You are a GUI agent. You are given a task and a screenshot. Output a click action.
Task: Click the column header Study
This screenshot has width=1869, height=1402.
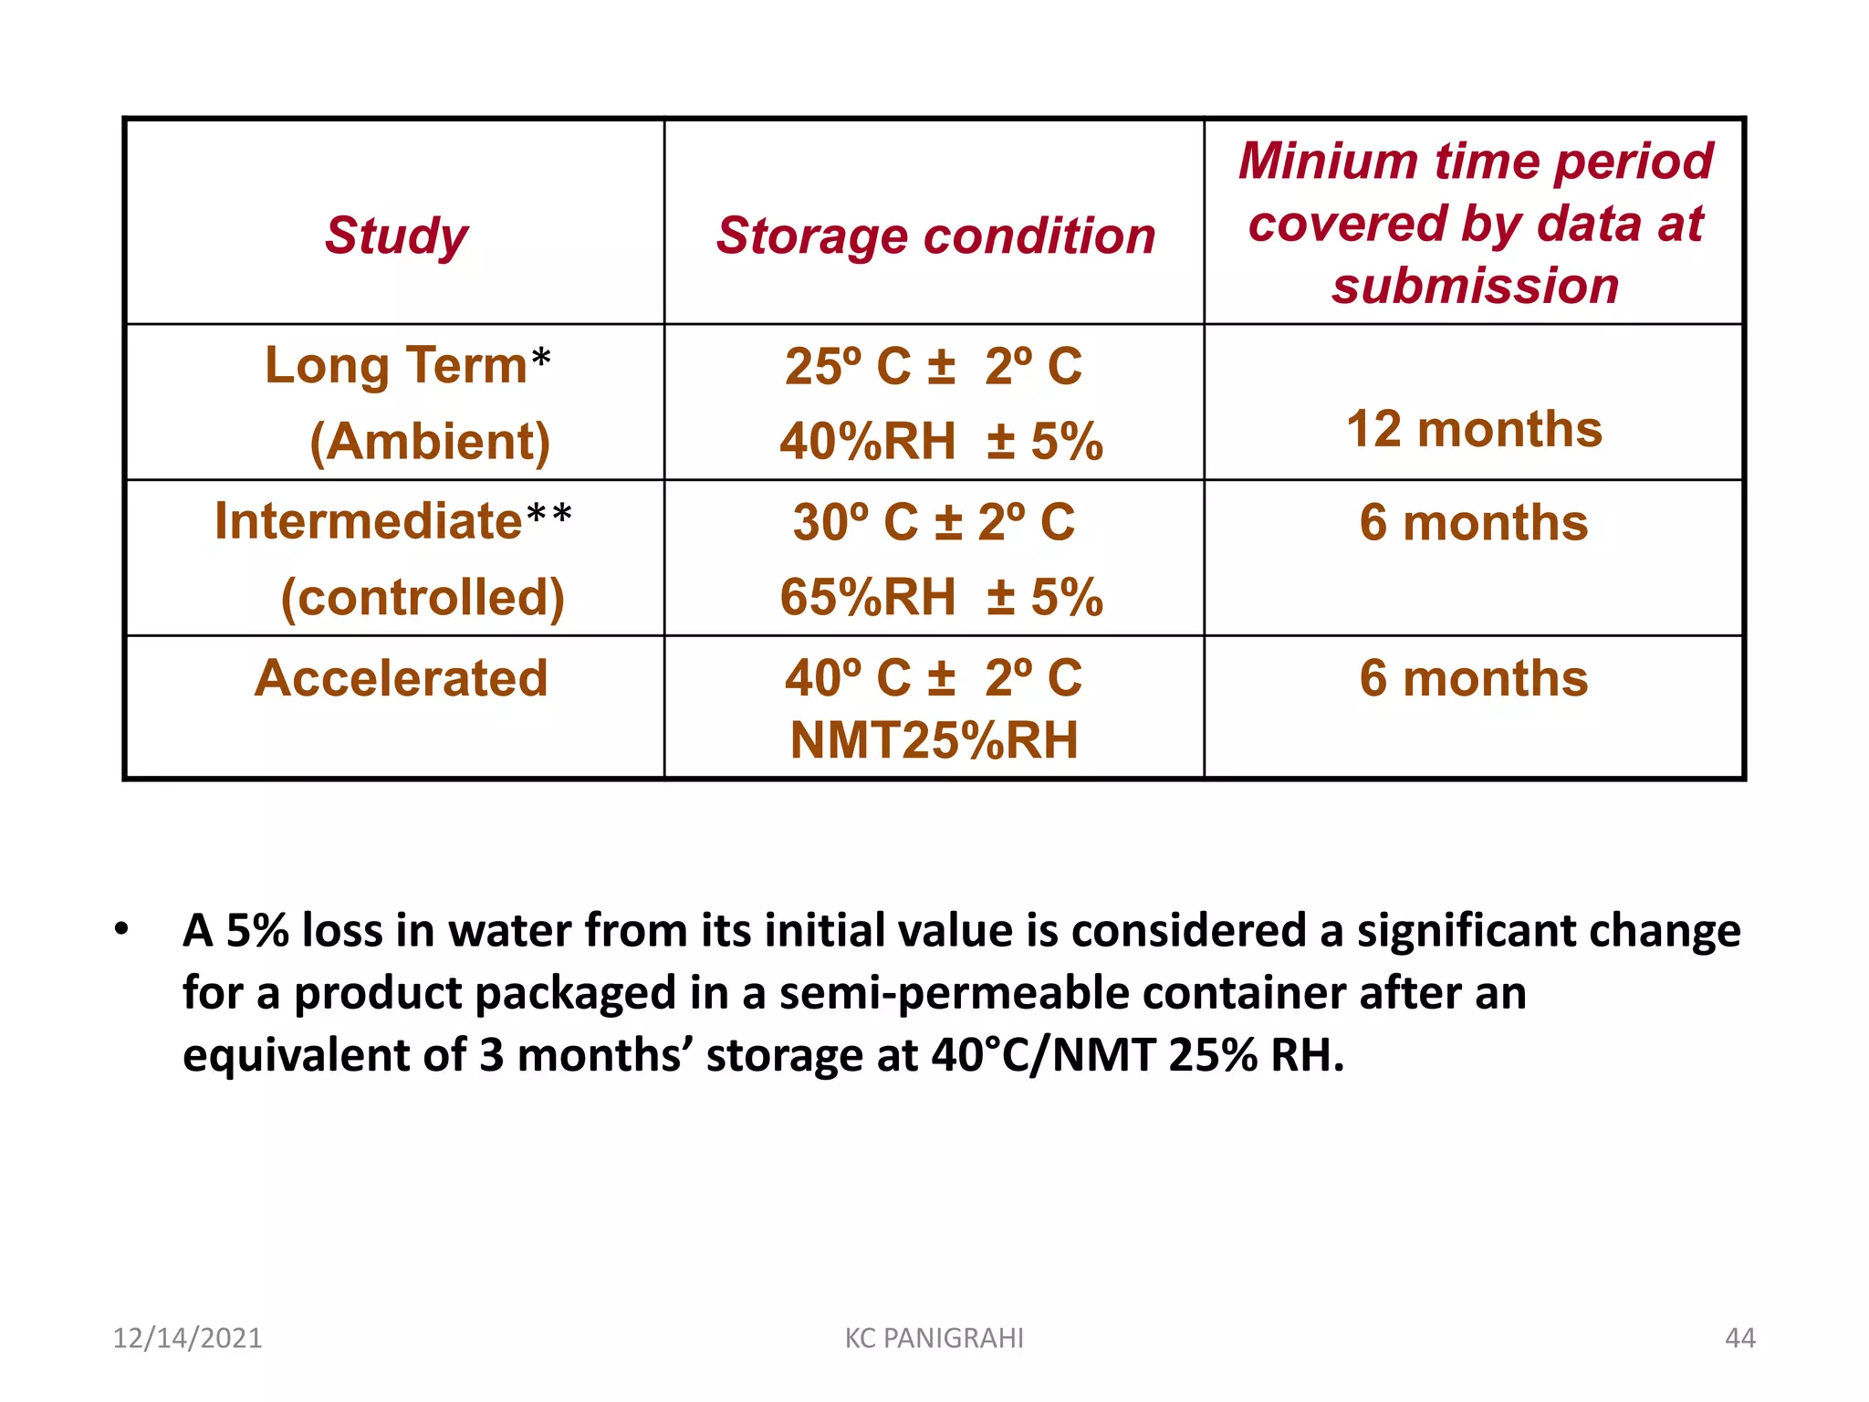[396, 235]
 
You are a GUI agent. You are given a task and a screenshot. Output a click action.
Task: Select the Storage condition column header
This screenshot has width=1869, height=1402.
[935, 235]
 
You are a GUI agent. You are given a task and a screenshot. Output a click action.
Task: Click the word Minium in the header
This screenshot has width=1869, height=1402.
[1328, 162]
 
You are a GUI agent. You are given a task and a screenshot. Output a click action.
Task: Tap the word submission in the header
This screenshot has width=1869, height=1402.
[1475, 286]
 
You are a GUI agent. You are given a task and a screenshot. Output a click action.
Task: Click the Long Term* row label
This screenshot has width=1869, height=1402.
[407, 365]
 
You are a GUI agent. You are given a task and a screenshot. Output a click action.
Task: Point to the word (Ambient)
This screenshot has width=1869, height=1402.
[430, 442]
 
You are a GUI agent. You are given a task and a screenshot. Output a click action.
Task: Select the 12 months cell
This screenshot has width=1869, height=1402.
[1474, 429]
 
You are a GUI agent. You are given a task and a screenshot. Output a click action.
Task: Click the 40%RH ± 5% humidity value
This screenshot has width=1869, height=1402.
[941, 442]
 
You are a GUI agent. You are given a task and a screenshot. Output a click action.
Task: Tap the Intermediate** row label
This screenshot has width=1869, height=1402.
[393, 521]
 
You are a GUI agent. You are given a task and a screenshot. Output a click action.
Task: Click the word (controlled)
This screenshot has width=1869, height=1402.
[423, 598]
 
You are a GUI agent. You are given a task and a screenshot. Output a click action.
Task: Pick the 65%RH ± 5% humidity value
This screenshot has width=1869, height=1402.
[941, 598]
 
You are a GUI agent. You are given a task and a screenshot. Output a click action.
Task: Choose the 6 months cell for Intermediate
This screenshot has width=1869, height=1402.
[1474, 523]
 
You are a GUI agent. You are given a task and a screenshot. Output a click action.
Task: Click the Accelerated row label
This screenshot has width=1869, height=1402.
[402, 678]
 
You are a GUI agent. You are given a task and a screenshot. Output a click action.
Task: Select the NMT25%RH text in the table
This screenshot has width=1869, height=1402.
[934, 740]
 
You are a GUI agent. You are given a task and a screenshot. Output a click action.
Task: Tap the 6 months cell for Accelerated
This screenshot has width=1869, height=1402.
[1474, 678]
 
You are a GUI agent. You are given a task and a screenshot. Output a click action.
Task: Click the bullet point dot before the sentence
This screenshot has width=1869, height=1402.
[121, 930]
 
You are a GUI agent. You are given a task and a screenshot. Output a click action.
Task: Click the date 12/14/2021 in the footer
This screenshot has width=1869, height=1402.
[187, 1338]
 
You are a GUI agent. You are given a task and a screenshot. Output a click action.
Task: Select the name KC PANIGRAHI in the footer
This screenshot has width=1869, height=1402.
[934, 1338]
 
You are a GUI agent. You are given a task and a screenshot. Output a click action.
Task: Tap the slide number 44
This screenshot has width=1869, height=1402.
[1739, 1338]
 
